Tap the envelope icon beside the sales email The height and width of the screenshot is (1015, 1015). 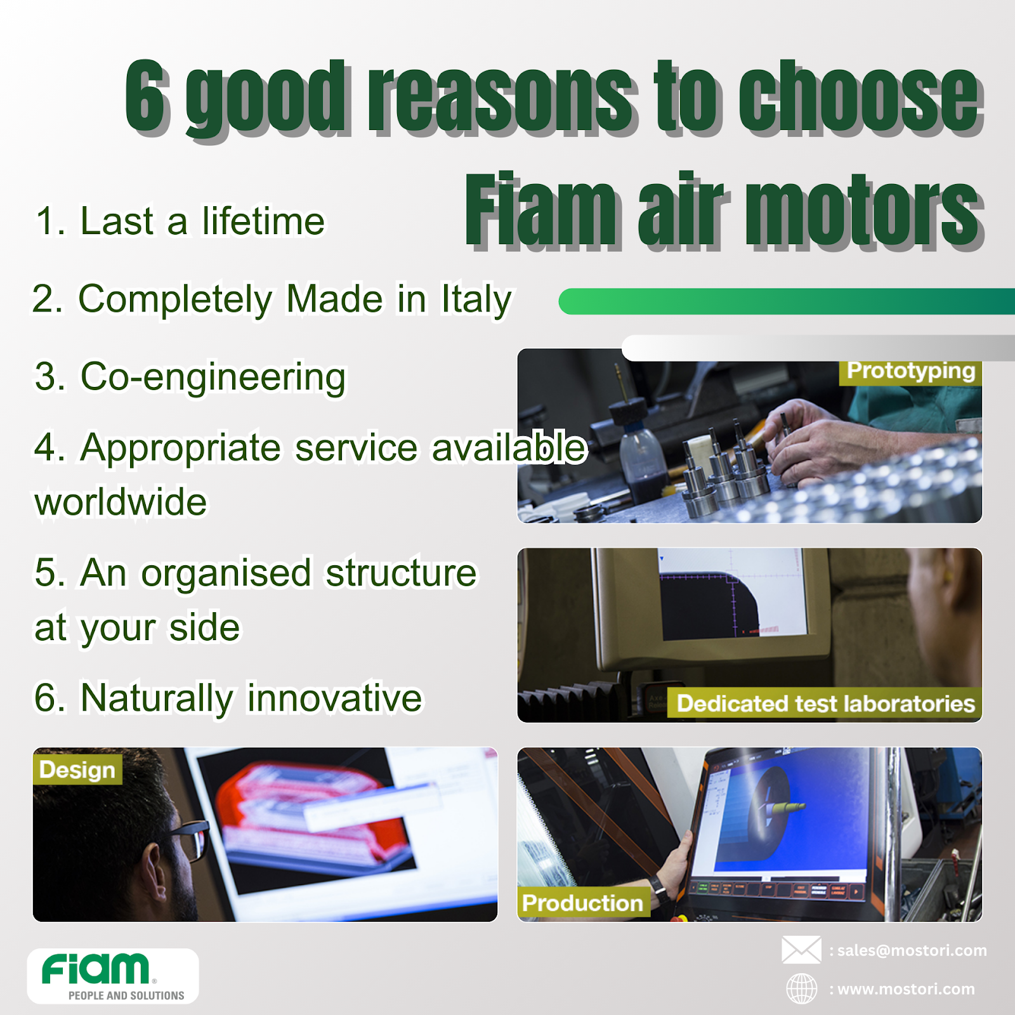click(x=801, y=950)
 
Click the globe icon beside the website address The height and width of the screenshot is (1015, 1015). click(x=802, y=988)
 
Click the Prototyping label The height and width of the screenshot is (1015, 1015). click(x=910, y=371)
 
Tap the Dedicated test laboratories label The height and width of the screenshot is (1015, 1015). click(x=825, y=704)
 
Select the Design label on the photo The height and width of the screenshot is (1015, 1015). click(x=77, y=769)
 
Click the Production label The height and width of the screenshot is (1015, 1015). click(x=582, y=902)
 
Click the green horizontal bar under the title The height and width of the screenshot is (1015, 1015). click(x=787, y=301)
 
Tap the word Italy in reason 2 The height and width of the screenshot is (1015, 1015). click(x=476, y=299)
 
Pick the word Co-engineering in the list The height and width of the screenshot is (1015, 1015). click(x=213, y=377)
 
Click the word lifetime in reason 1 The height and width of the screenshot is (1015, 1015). click(x=263, y=221)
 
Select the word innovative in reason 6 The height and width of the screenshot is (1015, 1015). click(x=334, y=698)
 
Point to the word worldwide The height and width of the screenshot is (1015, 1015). click(x=121, y=502)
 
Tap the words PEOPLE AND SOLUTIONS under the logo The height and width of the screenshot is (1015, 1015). click(x=126, y=995)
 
